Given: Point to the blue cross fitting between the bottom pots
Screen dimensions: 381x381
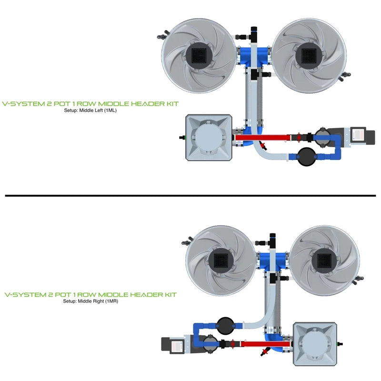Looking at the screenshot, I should pyautogui.click(x=275, y=261).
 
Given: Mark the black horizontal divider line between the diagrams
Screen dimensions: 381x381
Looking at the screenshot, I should pyautogui.click(x=190, y=195).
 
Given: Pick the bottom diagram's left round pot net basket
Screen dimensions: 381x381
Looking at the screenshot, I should pyautogui.click(x=221, y=261).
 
